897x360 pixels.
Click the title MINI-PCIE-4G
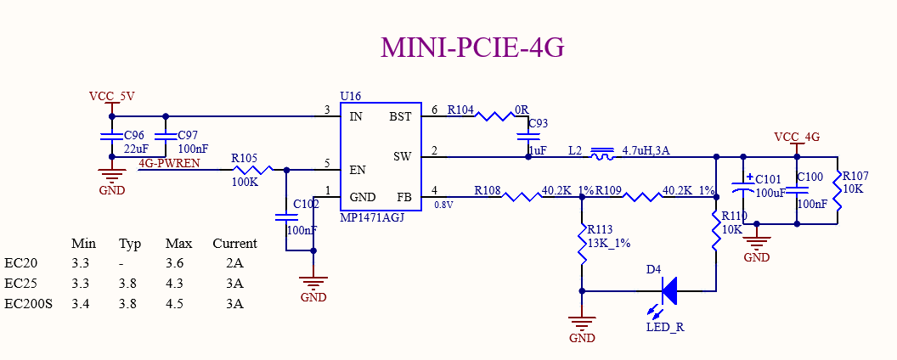click(x=472, y=48)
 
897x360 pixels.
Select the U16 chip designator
click(x=350, y=98)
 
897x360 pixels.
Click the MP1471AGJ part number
click(x=372, y=217)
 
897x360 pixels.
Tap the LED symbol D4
click(x=668, y=291)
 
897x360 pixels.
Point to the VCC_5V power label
click(x=111, y=96)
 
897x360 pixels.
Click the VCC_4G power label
click(x=797, y=137)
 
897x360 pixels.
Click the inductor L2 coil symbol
click(x=602, y=155)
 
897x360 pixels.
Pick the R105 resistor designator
click(x=244, y=158)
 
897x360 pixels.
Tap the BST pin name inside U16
click(x=400, y=116)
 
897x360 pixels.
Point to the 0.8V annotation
click(x=443, y=205)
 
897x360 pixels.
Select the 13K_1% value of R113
click(x=607, y=244)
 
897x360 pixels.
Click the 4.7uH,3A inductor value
click(x=646, y=150)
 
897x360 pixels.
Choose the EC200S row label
click(x=28, y=304)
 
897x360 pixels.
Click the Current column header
click(x=234, y=244)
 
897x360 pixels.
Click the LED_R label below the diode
click(x=665, y=327)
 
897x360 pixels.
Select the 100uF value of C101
click(x=770, y=193)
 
